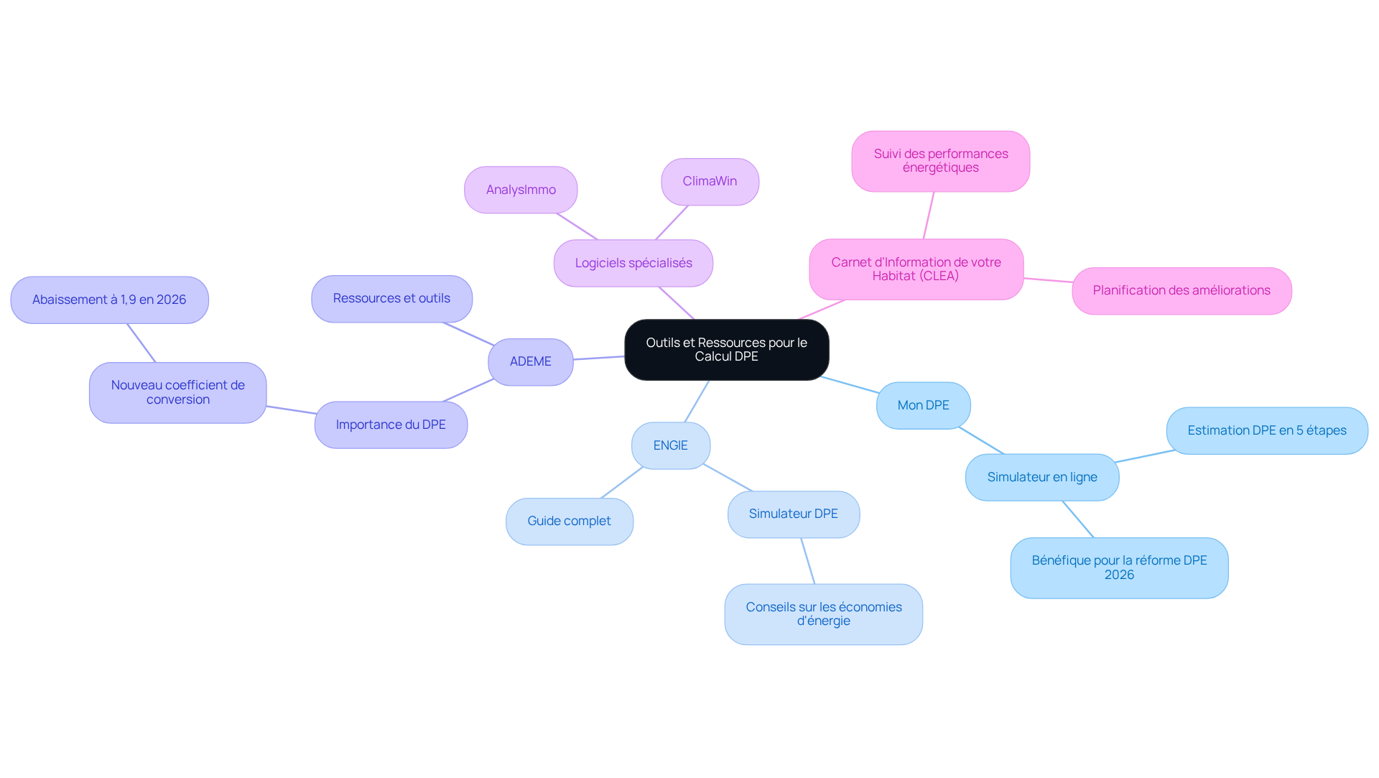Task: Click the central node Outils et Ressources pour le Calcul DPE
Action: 726,350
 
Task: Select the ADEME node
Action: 531,362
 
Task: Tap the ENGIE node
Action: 671,446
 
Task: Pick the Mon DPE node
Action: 924,406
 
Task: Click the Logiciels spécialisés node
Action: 633,264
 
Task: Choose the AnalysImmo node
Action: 521,190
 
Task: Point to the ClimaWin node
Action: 710,182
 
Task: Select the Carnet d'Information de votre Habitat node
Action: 916,269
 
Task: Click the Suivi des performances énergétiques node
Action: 941,161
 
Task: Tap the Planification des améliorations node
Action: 1182,291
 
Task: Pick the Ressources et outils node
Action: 392,299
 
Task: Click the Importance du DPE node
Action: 391,425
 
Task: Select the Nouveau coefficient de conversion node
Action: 178,393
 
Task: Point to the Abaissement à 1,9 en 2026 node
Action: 110,300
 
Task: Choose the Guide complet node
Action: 570,522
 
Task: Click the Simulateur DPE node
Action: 794,514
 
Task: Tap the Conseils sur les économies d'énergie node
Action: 824,614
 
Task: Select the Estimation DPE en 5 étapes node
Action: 1267,431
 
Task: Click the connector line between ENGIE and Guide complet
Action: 622,483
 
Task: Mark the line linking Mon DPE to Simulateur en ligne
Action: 981,441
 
